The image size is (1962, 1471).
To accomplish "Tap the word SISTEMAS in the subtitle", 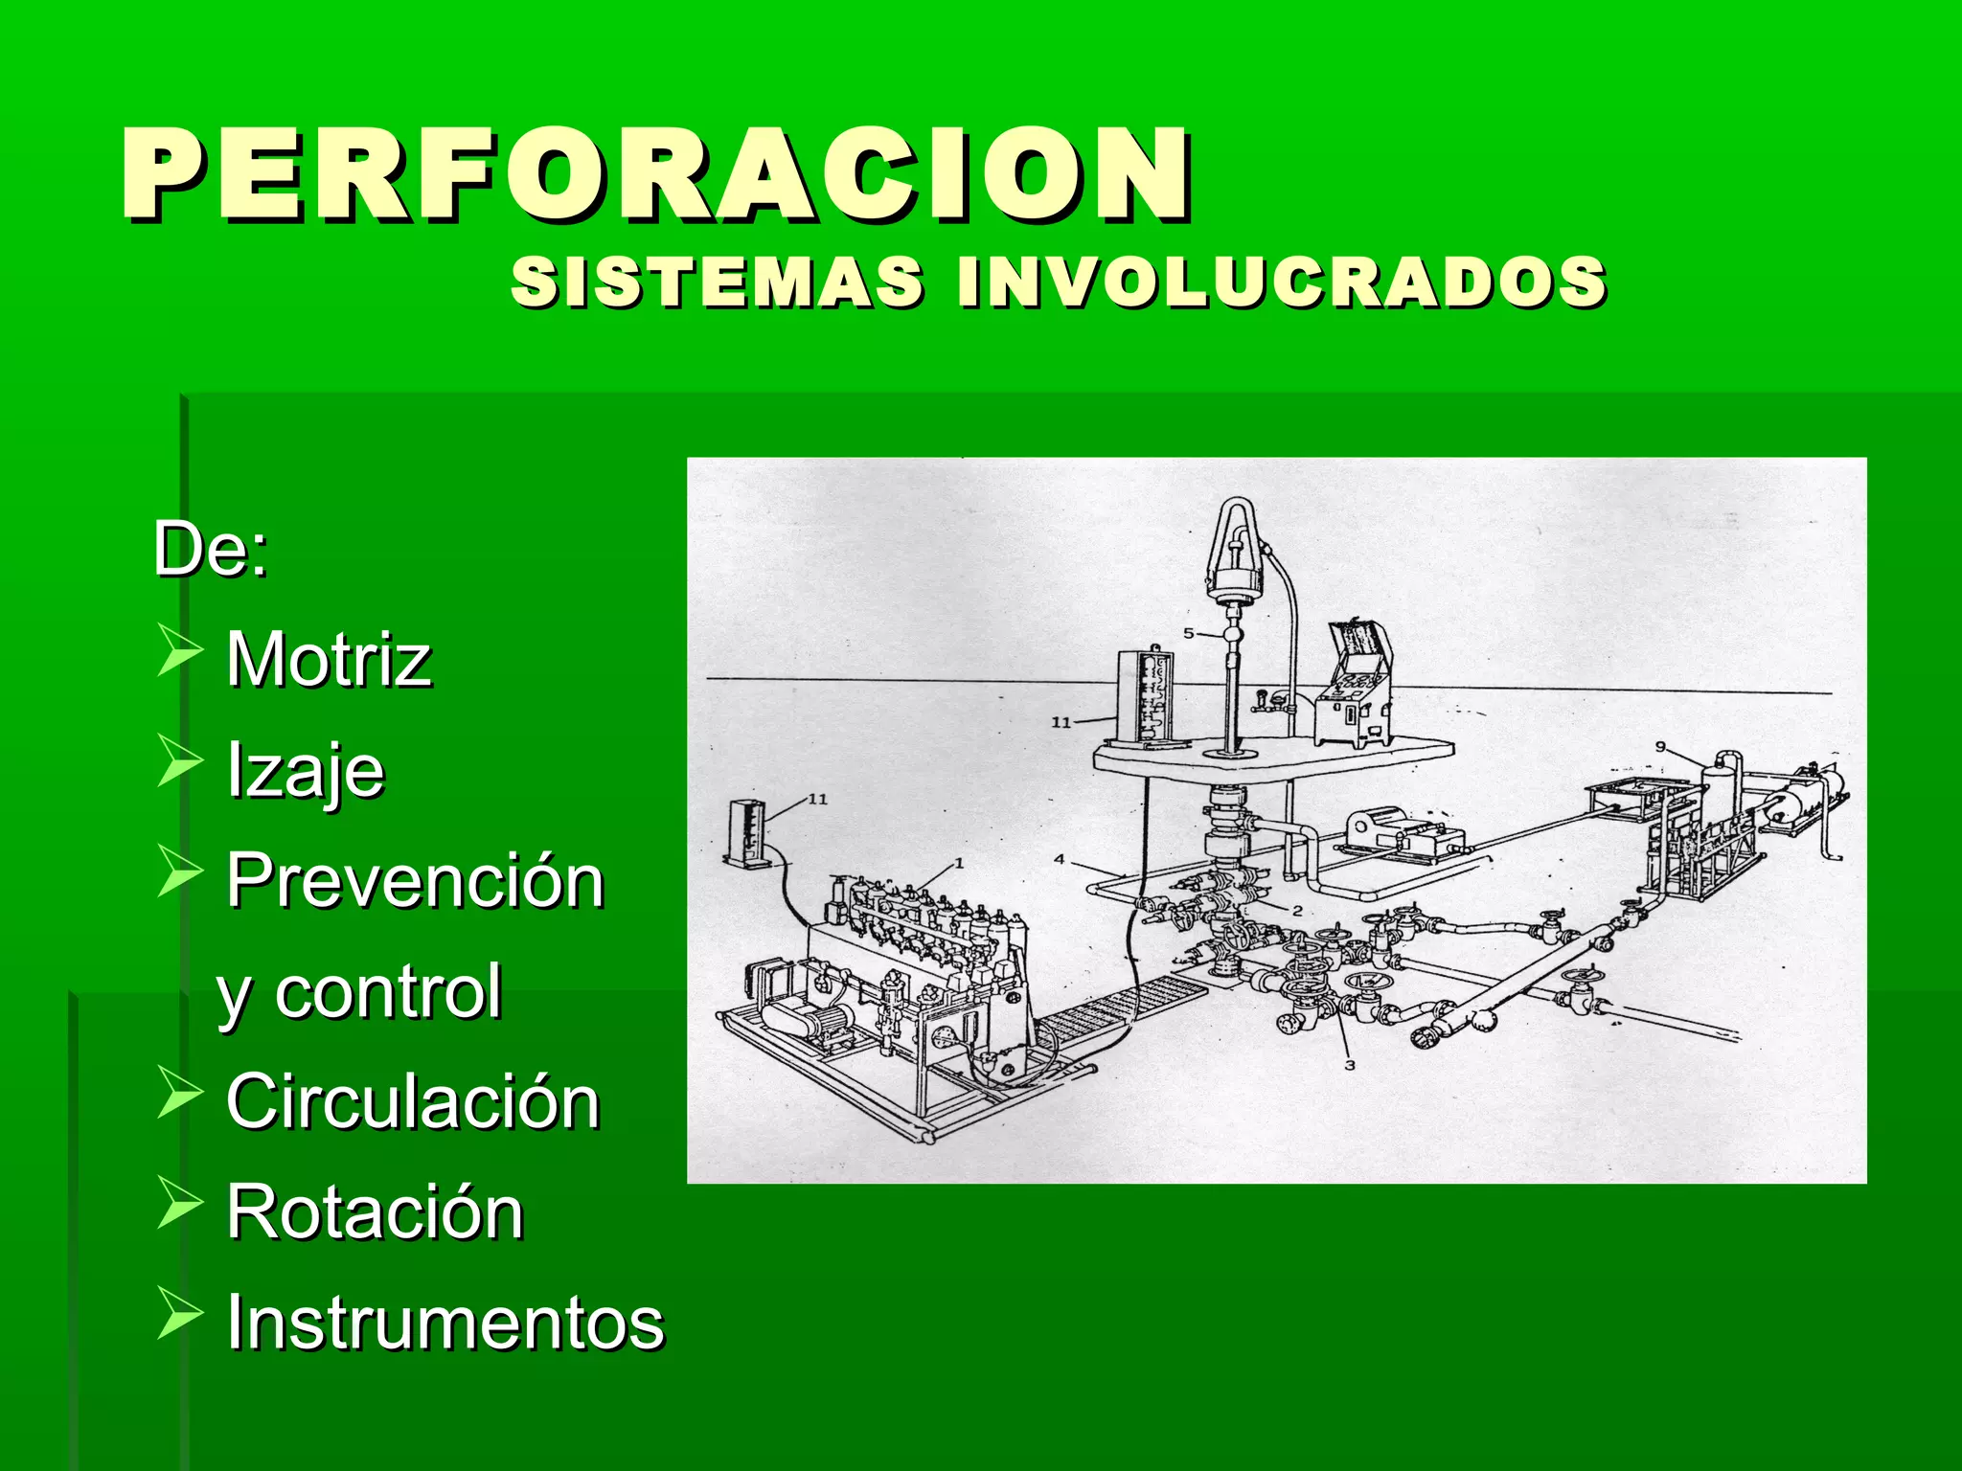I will point(717,283).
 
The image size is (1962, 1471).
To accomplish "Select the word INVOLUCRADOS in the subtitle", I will point(1282,283).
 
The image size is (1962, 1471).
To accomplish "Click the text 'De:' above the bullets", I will point(211,550).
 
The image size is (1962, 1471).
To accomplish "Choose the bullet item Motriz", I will point(329,660).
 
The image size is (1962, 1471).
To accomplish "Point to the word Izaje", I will point(305,771).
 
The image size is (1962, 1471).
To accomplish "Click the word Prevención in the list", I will point(415,881).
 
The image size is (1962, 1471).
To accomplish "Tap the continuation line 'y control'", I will point(359,992).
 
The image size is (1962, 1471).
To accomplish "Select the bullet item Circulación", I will point(413,1102).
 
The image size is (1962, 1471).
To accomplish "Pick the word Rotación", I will point(375,1212).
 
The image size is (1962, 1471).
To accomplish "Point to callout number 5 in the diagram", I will point(1189,633).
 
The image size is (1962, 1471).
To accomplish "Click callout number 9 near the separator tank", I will point(1661,747).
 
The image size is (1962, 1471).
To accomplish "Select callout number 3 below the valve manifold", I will point(1350,1065).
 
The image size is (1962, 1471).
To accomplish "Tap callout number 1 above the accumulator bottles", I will point(959,864).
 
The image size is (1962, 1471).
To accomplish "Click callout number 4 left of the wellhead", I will point(1060,859).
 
